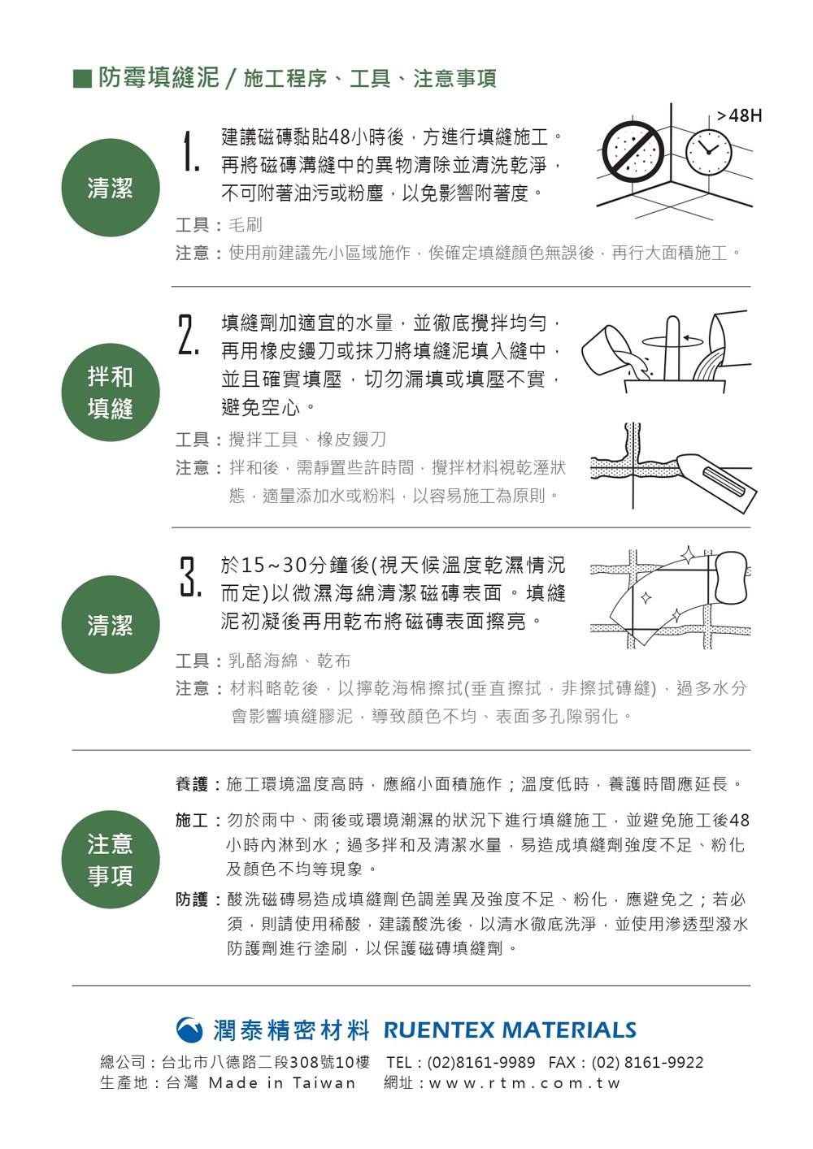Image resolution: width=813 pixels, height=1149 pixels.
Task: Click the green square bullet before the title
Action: pos(83,79)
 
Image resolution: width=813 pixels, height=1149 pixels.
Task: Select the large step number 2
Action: pos(188,335)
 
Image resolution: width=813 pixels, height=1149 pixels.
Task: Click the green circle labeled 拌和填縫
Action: pos(111,392)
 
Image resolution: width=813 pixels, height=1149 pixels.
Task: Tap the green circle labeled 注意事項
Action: pos(111,859)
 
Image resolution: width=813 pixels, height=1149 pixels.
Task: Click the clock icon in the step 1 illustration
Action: pos(708,151)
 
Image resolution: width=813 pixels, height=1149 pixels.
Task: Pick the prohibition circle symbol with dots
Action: pos(633,152)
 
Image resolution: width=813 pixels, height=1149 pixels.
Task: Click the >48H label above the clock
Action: pos(740,116)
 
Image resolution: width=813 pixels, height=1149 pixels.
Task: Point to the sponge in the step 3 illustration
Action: pos(731,577)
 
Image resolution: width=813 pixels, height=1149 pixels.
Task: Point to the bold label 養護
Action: pos(191,784)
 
